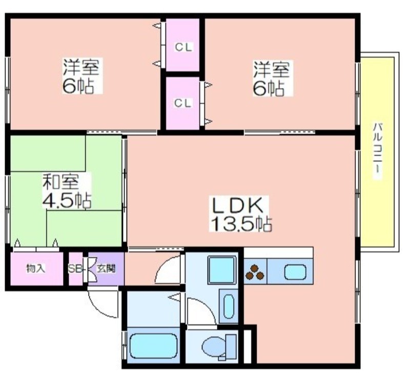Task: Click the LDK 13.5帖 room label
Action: click(240, 213)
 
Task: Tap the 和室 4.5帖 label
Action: click(67, 191)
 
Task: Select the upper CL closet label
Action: click(183, 47)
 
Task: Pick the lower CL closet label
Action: click(183, 103)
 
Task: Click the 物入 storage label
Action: click(35, 268)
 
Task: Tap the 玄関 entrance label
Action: click(106, 268)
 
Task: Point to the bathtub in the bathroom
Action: click(153, 346)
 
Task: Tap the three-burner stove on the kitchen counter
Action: click(255, 272)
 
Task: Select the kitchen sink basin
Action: click(295, 272)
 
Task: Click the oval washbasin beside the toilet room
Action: click(229, 306)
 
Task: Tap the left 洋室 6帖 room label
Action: click(81, 76)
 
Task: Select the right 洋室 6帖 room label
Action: click(271, 78)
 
